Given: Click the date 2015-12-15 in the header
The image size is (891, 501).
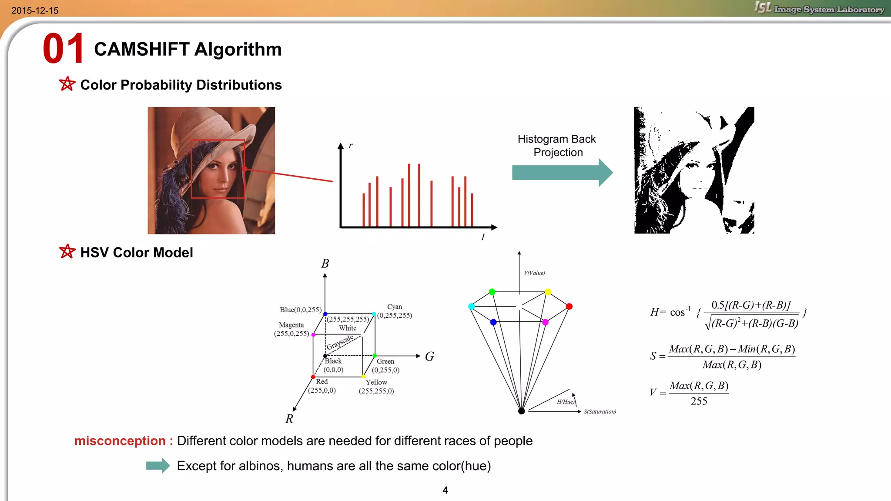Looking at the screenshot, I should point(35,10).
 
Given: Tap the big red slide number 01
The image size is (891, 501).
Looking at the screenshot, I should point(64,49).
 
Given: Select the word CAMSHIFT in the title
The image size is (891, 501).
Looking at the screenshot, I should point(141,49).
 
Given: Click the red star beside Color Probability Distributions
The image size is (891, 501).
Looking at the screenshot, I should point(67,84).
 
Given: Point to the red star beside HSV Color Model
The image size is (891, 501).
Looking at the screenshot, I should point(67,251).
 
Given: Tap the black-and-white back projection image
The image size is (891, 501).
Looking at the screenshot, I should point(694,170).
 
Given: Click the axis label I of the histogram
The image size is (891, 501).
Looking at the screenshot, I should point(482,237).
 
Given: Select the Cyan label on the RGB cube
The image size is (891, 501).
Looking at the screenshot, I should point(394,307).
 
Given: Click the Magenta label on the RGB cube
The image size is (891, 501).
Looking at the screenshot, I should point(291,325).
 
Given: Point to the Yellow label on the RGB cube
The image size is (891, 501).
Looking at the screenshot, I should point(376,382).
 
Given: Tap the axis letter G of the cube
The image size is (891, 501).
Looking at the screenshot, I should point(429,357).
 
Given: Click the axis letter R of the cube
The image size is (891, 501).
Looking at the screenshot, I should point(289,419).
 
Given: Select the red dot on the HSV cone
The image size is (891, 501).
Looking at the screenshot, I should point(569,307).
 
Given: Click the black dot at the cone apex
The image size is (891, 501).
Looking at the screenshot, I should point(521,411).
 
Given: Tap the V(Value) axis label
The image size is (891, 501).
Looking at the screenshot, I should point(534,273).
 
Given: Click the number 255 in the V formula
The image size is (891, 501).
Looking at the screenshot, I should point(699,401).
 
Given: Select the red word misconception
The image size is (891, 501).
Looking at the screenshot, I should point(120,441).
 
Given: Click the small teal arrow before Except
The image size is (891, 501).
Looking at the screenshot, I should point(158,465).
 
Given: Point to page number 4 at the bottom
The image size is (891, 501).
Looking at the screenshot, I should point(445,490).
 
